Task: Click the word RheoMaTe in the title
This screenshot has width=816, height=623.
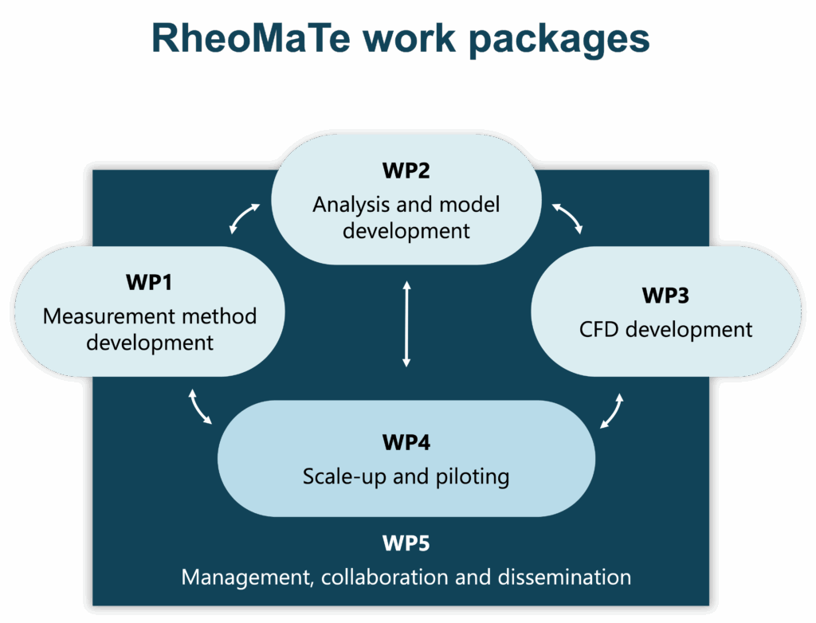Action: pos(250,38)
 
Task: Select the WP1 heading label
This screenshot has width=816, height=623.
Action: pos(149,282)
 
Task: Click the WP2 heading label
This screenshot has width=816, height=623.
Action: pos(406,170)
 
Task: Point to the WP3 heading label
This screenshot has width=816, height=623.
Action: pos(665,296)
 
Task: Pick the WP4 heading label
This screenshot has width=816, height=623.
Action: pos(406,442)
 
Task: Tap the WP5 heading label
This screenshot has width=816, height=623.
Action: pos(406,543)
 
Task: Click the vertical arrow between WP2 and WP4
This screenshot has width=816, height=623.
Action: pos(406,323)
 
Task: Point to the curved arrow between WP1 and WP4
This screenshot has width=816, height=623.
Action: pos(198,407)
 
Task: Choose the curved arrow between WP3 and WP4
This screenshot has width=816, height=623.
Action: pos(613,411)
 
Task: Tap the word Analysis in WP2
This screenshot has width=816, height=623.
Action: pos(351,205)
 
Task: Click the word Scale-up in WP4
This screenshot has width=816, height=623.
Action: pos(344,476)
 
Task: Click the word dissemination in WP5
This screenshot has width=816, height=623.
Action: pos(564,578)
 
